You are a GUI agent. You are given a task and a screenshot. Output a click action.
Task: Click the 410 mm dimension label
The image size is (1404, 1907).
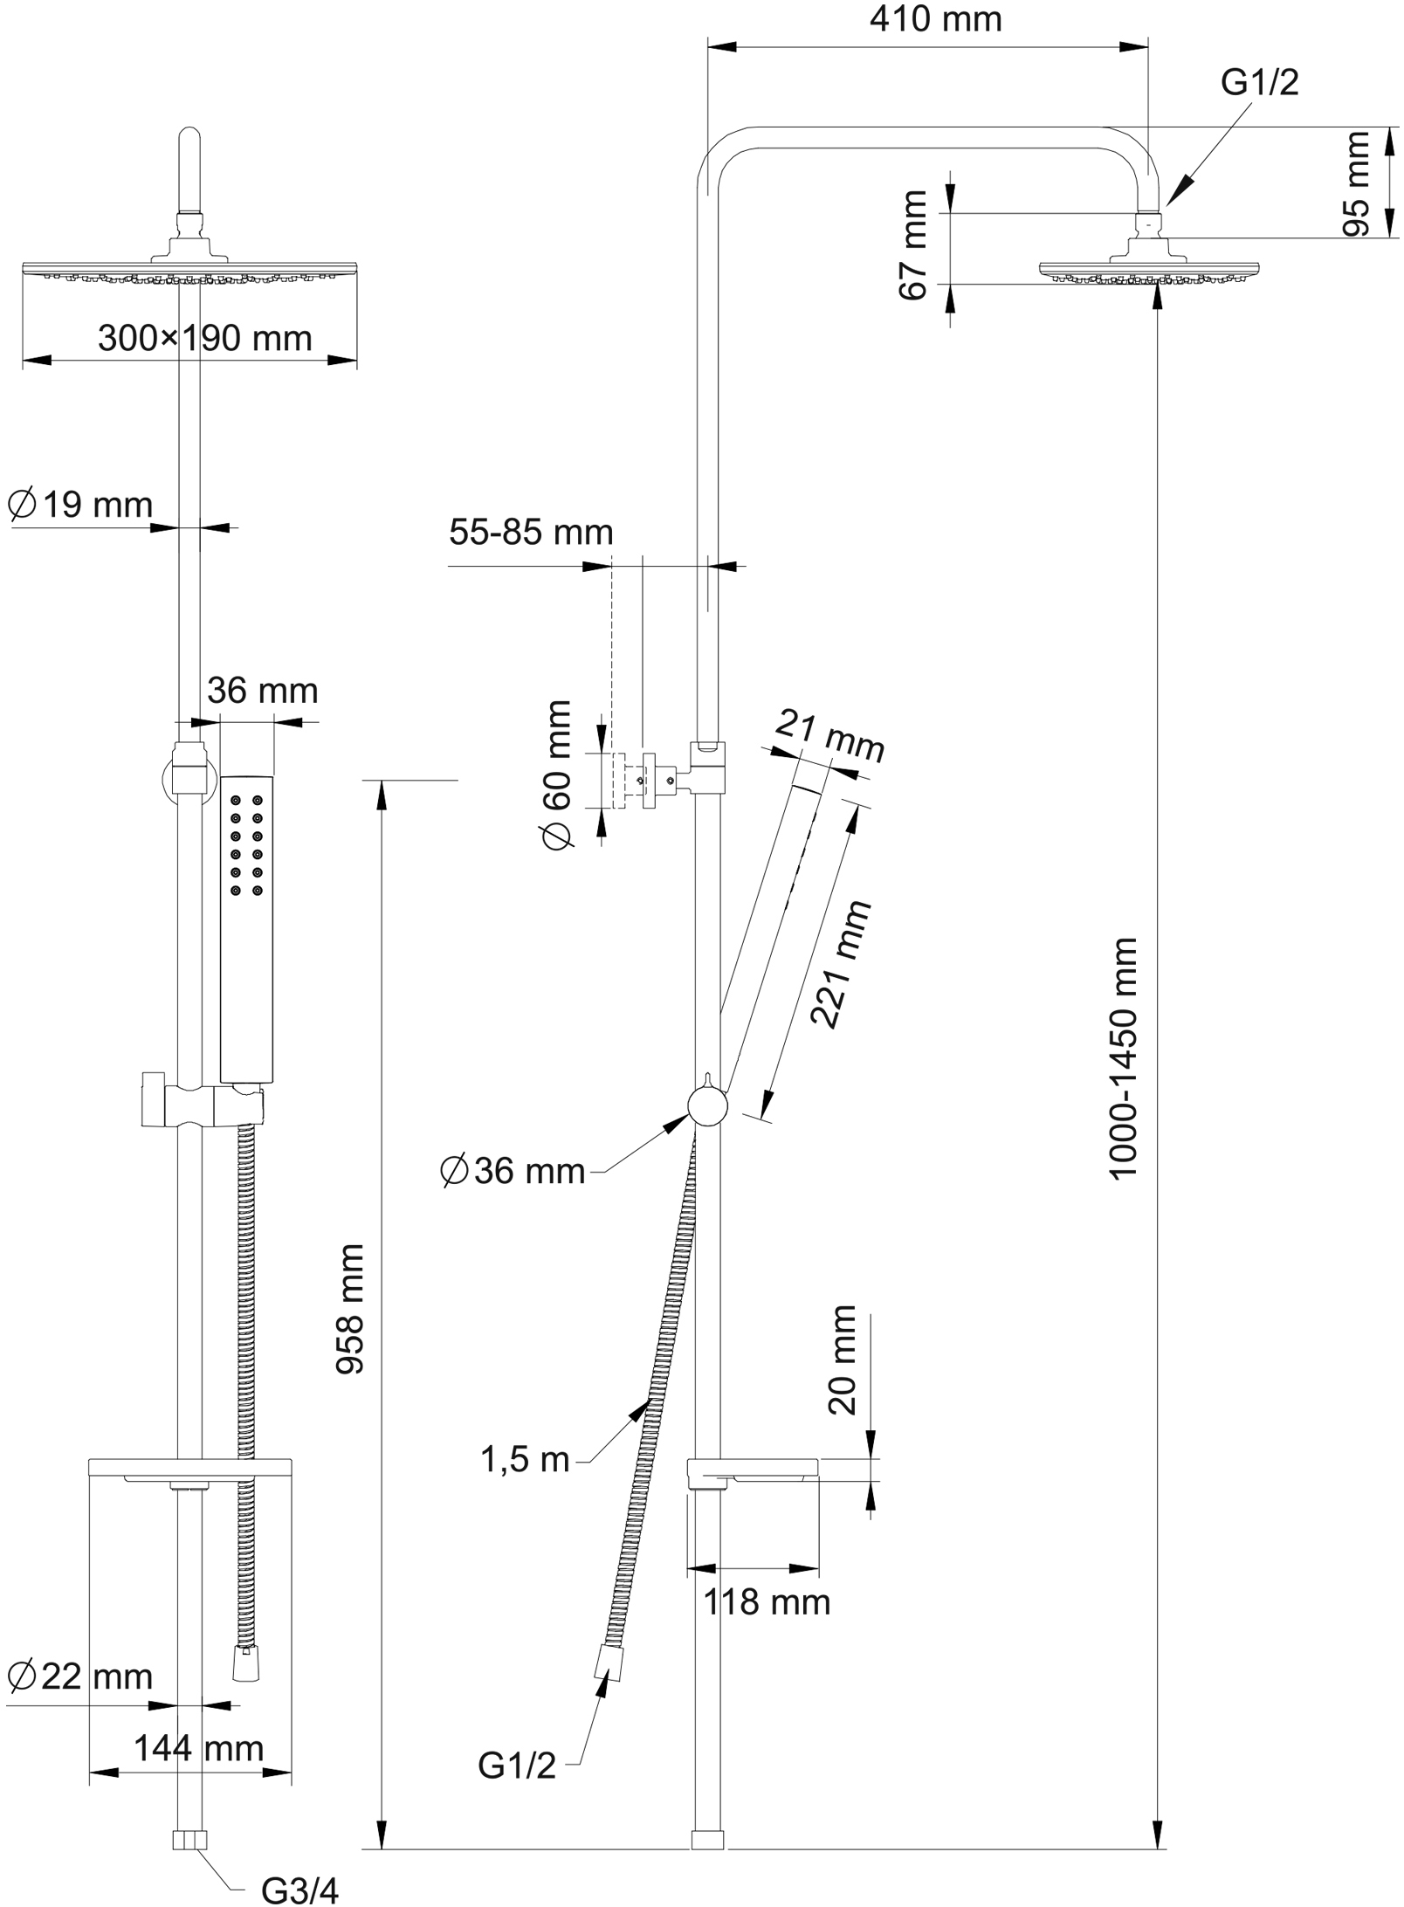tap(935, 19)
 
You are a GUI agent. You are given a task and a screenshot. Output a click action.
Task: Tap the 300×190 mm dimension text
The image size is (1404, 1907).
tap(204, 339)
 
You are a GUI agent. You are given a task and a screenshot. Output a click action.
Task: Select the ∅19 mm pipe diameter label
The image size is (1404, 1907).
tap(80, 505)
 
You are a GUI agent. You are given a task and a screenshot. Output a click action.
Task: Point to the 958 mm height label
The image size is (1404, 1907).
tap(351, 1310)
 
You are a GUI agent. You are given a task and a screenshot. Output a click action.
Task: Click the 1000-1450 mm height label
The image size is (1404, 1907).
tap(1124, 1058)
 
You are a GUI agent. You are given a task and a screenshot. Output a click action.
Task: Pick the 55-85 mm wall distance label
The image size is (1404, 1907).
tap(531, 532)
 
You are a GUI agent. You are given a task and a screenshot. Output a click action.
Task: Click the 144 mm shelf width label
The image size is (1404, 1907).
tap(198, 1749)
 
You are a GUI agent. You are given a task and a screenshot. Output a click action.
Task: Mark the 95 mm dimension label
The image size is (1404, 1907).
tap(1357, 183)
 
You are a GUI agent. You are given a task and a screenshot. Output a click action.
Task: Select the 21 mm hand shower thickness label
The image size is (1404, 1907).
tap(830, 735)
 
